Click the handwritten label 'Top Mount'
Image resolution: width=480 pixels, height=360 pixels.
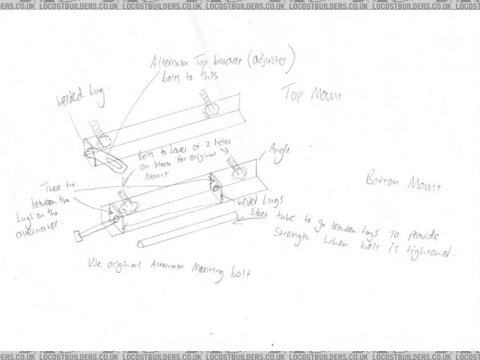312,96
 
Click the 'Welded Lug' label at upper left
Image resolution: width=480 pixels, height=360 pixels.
79,100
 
